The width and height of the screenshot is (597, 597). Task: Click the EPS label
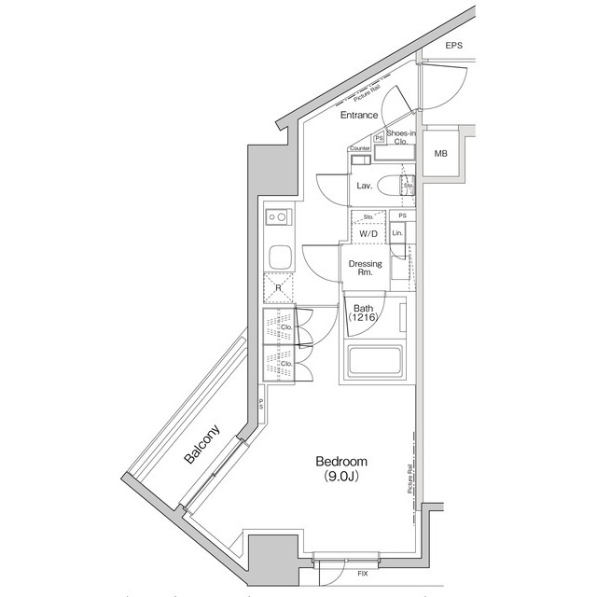coord(453,46)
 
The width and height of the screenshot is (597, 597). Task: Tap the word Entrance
coord(359,116)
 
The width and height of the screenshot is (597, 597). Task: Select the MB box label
coord(440,154)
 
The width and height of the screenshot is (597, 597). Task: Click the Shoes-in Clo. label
coord(400,138)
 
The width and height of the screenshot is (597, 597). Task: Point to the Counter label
coord(360,149)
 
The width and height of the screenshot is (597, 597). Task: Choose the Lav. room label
coord(365,187)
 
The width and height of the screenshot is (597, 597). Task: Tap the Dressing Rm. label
coord(365,269)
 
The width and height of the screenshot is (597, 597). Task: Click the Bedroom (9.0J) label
coord(341,468)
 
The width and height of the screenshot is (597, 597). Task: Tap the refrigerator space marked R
coord(278,288)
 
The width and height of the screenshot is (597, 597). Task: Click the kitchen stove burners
coord(278,218)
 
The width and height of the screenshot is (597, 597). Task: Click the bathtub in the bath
coord(373,363)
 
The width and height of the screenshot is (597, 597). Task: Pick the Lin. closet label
coord(397,232)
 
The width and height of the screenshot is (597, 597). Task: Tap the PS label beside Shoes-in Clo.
coord(378,139)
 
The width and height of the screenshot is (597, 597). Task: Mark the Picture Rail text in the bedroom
coord(410,481)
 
